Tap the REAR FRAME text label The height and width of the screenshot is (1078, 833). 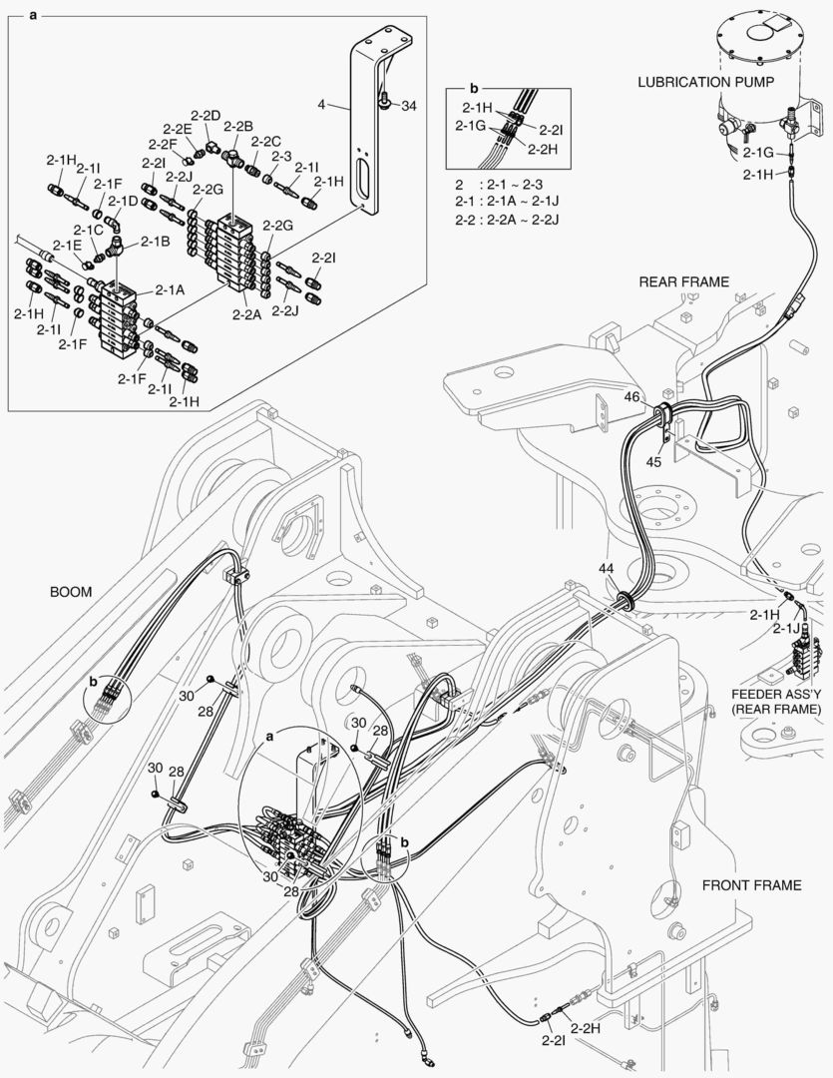tap(683, 281)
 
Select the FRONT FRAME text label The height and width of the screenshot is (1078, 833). tap(750, 884)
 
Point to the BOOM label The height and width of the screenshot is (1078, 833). tap(71, 592)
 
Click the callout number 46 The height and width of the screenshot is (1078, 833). tap(632, 397)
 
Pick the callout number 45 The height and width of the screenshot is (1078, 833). tap(653, 461)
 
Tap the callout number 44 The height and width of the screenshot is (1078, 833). tap(606, 568)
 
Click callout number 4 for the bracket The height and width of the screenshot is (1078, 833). tap(322, 103)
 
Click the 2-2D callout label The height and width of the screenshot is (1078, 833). tap(206, 116)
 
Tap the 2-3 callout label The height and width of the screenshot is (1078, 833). tap(280, 156)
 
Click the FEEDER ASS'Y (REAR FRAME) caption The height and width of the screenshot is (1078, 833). tap(776, 701)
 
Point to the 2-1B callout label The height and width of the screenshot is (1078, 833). tap(155, 241)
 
